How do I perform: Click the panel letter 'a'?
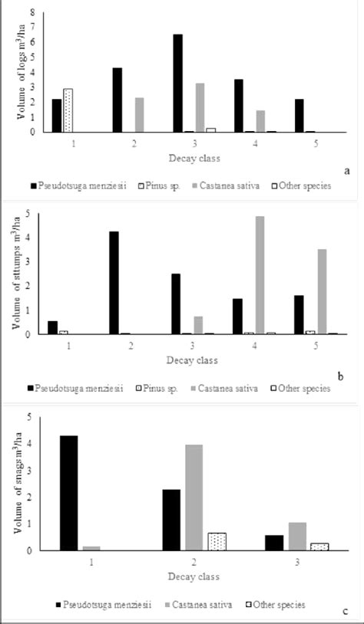346,171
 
